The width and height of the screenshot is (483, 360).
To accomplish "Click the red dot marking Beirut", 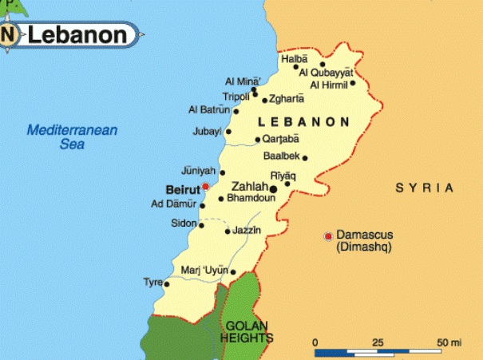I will tap(205, 186).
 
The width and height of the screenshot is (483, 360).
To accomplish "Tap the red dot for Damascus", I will tap(327, 236).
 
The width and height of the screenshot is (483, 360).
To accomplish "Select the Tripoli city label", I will tap(236, 97).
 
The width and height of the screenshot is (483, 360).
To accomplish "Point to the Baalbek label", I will tap(279, 157).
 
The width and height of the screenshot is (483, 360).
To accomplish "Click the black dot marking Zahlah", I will tap(273, 189).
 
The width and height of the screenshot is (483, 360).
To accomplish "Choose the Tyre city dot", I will tap(167, 283).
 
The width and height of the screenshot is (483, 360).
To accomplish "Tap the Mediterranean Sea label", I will tap(71, 137).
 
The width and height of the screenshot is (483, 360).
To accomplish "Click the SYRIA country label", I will tap(425, 188).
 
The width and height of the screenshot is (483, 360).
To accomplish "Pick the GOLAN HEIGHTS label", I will tap(247, 332).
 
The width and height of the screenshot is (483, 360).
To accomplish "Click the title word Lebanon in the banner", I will tap(78, 35).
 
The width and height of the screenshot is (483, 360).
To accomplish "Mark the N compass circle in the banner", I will tap(10, 35).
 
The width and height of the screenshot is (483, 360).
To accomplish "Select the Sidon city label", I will tap(184, 224).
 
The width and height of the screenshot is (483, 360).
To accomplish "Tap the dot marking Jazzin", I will tap(228, 231).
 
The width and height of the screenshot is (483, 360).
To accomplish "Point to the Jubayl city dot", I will tap(228, 132).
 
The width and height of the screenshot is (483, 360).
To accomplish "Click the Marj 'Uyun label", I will tap(204, 270).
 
